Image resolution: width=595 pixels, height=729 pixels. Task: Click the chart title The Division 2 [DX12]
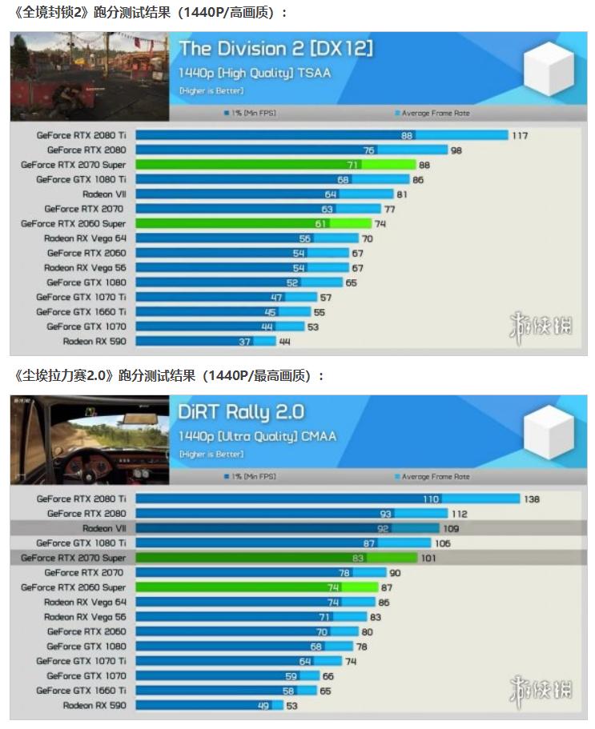(275, 48)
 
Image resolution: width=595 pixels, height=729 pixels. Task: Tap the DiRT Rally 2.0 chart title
(241, 411)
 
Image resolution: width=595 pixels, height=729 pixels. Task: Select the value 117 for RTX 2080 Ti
(520, 135)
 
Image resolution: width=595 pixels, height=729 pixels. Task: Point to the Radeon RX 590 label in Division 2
(94, 342)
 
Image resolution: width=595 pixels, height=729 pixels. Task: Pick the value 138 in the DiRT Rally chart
(532, 499)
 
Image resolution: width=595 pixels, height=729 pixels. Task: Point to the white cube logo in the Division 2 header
(549, 70)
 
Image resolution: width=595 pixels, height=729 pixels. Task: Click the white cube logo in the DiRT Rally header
(549, 433)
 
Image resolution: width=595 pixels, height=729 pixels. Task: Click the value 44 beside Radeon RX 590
(284, 342)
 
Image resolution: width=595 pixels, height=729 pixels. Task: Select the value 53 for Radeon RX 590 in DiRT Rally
(292, 706)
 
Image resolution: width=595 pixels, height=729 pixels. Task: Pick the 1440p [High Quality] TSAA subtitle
(255, 73)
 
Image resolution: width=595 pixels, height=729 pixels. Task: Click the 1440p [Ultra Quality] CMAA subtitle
(257, 436)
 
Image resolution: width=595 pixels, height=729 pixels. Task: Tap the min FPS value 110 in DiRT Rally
(431, 499)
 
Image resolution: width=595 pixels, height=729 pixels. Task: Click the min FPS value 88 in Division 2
(407, 135)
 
